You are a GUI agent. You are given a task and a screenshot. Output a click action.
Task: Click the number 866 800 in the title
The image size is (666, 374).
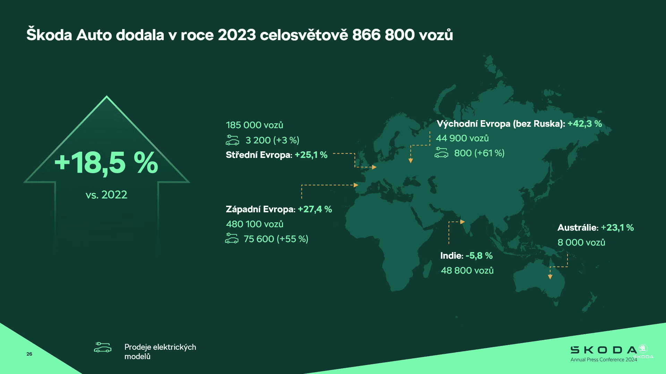(383, 35)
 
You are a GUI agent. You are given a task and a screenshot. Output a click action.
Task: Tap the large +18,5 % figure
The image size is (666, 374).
(106, 163)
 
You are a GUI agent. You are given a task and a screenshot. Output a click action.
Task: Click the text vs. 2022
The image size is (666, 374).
(106, 195)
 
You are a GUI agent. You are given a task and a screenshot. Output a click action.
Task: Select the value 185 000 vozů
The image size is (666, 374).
(255, 125)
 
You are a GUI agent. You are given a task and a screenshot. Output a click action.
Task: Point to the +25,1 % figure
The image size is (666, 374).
(311, 155)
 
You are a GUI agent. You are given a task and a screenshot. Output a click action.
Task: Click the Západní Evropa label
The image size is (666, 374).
(261, 209)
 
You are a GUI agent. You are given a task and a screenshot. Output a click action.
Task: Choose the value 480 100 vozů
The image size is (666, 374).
(255, 224)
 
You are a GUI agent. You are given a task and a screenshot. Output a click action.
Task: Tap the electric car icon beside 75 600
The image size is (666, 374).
(232, 238)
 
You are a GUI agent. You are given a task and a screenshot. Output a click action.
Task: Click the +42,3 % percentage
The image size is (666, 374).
(584, 124)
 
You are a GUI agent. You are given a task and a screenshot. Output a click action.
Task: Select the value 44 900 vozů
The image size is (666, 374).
(462, 138)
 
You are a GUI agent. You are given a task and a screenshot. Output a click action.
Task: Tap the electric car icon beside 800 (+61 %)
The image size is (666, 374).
(441, 152)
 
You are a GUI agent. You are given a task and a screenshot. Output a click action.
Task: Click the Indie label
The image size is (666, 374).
(452, 256)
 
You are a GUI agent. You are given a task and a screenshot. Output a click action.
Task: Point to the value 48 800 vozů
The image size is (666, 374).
(467, 270)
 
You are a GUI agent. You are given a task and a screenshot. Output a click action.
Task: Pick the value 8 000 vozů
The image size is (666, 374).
(581, 242)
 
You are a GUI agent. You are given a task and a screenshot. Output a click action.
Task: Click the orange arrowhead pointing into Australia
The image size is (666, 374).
(550, 277)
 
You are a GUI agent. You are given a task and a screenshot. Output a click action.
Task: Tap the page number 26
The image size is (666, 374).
(29, 354)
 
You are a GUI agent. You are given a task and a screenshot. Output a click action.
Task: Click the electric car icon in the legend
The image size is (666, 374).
(103, 347)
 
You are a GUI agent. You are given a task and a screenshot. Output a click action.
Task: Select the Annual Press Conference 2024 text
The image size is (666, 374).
(604, 360)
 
